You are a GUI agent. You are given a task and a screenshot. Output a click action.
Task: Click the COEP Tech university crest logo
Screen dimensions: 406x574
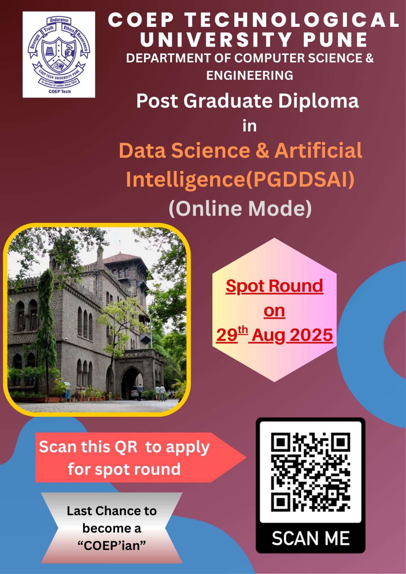pyautogui.click(x=59, y=55)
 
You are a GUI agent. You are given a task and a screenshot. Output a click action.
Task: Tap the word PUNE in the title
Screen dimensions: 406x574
pyautogui.click(x=336, y=39)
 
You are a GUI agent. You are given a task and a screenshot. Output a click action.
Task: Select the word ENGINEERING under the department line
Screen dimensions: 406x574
pyautogui.click(x=250, y=75)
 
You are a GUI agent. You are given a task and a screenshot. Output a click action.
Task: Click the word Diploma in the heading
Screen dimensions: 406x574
pyautogui.click(x=318, y=101)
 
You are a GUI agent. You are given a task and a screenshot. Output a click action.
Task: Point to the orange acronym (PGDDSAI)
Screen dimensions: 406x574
pyautogui.click(x=300, y=179)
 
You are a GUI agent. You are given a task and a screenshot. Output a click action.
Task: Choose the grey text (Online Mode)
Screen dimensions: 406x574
pyautogui.click(x=240, y=208)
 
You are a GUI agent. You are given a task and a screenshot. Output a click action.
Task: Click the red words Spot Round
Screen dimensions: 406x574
pyautogui.click(x=274, y=286)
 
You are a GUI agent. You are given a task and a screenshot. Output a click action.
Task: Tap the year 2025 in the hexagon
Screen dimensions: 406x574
pyautogui.click(x=311, y=335)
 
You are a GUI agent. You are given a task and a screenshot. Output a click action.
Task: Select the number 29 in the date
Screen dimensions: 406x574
pyautogui.click(x=227, y=335)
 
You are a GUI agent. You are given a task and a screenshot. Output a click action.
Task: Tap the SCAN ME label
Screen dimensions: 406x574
pyautogui.click(x=311, y=538)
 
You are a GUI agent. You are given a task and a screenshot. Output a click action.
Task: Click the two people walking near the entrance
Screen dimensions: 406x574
pyautogui.click(x=160, y=392)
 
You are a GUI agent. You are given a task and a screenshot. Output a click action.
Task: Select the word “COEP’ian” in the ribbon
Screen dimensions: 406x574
pyautogui.click(x=112, y=546)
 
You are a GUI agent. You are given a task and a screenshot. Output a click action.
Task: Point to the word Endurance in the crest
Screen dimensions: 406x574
pyautogui.click(x=59, y=20)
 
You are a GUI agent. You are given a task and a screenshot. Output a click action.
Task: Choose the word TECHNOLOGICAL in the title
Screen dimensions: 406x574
pyautogui.click(x=292, y=20)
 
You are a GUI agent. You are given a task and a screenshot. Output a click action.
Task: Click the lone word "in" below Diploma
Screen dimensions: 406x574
pyautogui.click(x=250, y=126)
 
